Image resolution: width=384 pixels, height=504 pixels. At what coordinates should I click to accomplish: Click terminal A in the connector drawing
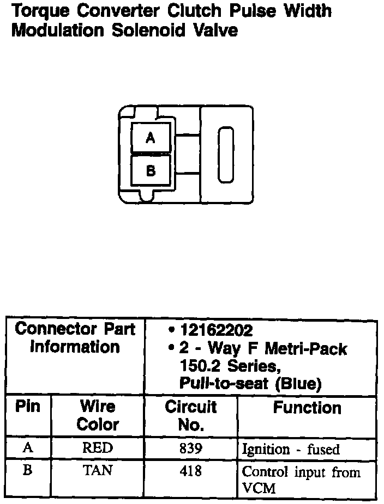[151, 138]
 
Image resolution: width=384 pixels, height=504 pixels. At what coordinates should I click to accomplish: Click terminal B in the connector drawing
[151, 171]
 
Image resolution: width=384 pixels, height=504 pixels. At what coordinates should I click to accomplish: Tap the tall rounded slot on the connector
[226, 155]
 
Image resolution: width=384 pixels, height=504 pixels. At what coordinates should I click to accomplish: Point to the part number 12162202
[216, 330]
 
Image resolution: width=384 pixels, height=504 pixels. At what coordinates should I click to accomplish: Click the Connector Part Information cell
[75, 338]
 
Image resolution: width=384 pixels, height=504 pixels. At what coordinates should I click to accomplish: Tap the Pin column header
[27, 407]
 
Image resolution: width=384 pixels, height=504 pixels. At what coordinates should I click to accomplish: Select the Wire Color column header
[98, 415]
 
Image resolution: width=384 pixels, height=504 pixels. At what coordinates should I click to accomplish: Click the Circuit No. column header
[190, 416]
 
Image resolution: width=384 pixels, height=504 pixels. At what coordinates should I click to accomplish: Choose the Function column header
[307, 408]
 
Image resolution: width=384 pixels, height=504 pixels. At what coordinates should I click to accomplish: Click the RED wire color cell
[98, 448]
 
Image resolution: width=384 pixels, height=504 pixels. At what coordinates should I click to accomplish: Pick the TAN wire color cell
[98, 470]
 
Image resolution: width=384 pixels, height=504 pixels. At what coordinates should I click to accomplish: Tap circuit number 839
[190, 448]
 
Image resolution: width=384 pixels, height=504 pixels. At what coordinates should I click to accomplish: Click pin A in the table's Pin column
[27, 448]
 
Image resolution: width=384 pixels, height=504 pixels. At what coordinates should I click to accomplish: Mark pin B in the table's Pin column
[27, 470]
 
